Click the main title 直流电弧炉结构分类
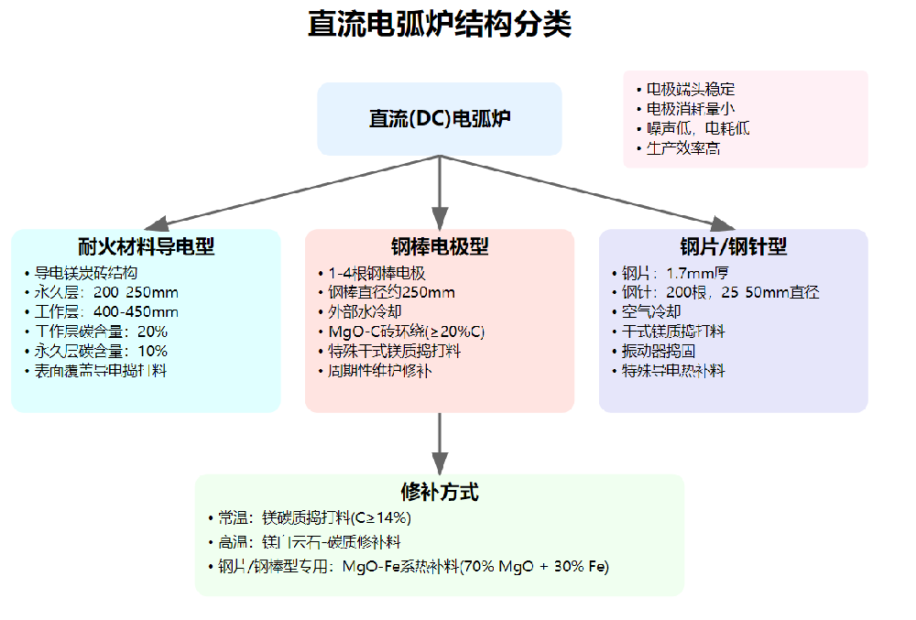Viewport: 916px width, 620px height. [x=440, y=25]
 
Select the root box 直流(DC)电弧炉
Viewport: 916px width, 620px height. [x=440, y=119]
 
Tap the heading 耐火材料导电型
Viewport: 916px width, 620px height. [x=147, y=247]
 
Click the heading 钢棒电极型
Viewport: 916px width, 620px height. [x=440, y=247]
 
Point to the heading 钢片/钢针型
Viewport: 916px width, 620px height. [x=733, y=247]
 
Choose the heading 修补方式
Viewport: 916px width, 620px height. [x=440, y=493]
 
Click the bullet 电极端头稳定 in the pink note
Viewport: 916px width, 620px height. [x=691, y=90]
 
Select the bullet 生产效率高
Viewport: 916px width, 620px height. [x=683, y=147]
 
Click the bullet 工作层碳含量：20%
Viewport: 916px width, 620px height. [x=101, y=332]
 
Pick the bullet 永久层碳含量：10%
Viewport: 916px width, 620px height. [x=101, y=351]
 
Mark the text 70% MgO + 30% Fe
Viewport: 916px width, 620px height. [x=537, y=566]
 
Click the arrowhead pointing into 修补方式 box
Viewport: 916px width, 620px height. [x=440, y=464]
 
